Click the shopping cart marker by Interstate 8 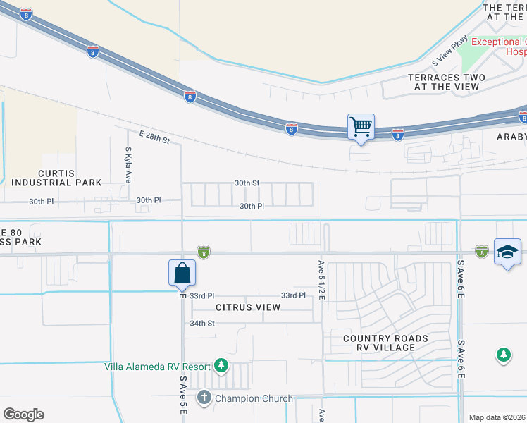(x=361, y=128)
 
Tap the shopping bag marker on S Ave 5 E (x=182, y=273)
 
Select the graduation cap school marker (x=507, y=252)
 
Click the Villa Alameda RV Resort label (x=157, y=367)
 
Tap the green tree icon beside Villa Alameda (x=221, y=365)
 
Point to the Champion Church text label (x=254, y=398)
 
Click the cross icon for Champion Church (x=204, y=398)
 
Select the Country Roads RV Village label (x=385, y=343)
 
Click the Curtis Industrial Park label (x=56, y=178)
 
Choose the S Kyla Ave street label (x=128, y=164)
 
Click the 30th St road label (x=247, y=183)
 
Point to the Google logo (x=23, y=415)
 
